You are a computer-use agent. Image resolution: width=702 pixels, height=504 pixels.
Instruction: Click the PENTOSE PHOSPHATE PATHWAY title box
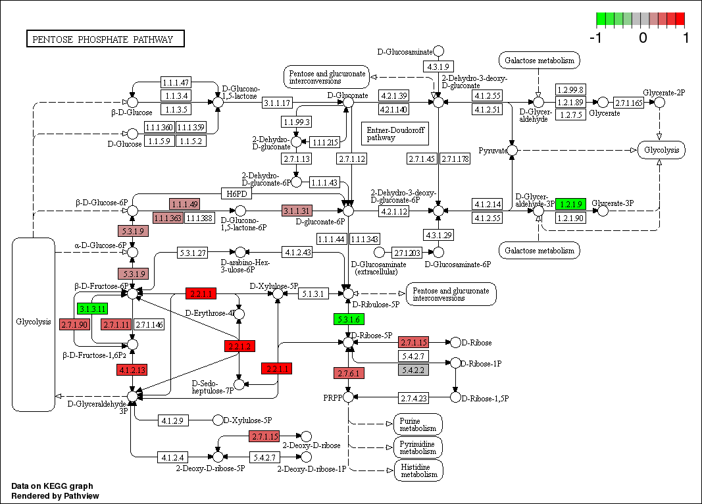tap(105, 39)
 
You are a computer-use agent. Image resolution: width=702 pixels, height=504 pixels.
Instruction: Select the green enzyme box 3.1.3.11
tap(92, 308)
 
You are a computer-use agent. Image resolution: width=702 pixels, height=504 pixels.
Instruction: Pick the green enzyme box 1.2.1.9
tap(571, 204)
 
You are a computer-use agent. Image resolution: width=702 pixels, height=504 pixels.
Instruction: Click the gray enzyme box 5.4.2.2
tap(413, 370)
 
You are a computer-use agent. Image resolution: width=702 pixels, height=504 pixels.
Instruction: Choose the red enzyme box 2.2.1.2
tap(241, 346)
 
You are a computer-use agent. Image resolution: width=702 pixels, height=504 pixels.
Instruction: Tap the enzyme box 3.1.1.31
tap(297, 211)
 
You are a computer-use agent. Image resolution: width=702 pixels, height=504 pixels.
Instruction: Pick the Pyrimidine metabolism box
tap(418, 447)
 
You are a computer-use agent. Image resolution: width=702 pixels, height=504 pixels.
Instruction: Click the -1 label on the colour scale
tap(596, 38)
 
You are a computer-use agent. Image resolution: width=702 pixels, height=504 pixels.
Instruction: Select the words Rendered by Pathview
tap(55, 495)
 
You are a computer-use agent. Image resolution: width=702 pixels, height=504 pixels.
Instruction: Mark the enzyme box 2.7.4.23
tap(414, 397)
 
